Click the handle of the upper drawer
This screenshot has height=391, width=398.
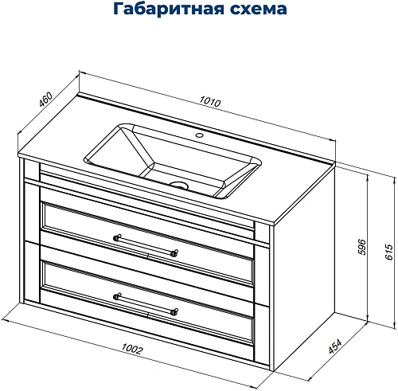pos(146,244)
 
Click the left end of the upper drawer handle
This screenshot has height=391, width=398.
pos(117,237)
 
